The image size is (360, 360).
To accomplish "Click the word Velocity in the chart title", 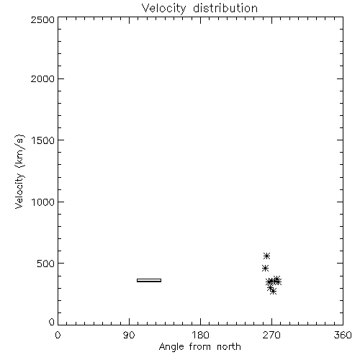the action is coord(163,9).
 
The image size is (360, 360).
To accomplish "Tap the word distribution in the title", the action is coord(225,8).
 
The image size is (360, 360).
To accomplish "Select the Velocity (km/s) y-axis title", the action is coord(19,171).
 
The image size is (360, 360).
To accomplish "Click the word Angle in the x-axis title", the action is coord(171,347).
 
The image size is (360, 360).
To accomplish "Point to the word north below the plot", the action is coord(229,346).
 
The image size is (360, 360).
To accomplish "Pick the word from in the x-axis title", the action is coord(200,346).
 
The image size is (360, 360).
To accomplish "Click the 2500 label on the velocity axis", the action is coord(42,19).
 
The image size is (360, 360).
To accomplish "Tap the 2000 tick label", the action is coord(42,78).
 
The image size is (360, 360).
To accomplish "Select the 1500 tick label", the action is coord(43,140).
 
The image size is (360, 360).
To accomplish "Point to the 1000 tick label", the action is coord(43,202).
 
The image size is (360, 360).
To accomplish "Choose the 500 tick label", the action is coord(46,264).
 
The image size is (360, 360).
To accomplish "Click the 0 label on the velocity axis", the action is coord(52,322).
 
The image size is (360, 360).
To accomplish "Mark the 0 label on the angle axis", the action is coord(58,335).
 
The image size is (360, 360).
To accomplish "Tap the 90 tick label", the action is coord(129,335).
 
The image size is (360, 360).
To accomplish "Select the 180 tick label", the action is coord(200,335).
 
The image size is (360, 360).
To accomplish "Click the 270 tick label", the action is coord(271,335).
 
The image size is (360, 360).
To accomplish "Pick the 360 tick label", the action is coord(343,335).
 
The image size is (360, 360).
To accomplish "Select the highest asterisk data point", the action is coord(266,256).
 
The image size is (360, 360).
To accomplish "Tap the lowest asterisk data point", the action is coord(273,292).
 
